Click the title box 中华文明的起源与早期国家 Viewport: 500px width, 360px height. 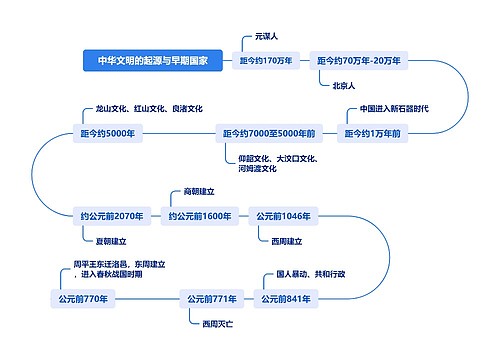pyautogui.click(x=153, y=61)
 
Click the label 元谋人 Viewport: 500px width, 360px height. pyautogui.click(x=266, y=37)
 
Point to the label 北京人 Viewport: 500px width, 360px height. pyautogui.click(x=345, y=85)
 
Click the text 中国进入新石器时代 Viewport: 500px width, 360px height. pyautogui.click(x=394, y=109)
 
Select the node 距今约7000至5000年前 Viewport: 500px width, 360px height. pyautogui.click(x=268, y=133)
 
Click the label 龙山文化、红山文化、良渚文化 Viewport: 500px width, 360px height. pyautogui.click(x=149, y=109)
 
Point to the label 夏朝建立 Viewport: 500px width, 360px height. pyautogui.click(x=110, y=241)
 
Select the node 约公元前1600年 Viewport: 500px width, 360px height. pyautogui.click(x=200, y=216)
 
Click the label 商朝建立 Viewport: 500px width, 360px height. pyautogui.click(x=199, y=191)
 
